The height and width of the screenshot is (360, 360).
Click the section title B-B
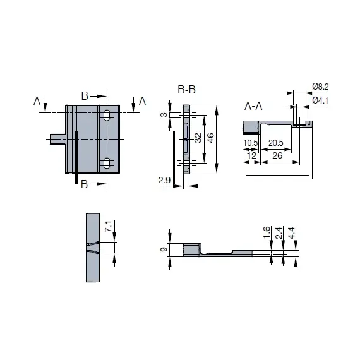tap(187, 90)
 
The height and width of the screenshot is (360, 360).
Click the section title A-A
tap(253, 106)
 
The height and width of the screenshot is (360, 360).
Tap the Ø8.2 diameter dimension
tap(320, 87)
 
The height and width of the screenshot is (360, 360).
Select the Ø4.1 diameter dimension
tap(320, 100)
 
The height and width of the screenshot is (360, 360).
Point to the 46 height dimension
tap(210, 138)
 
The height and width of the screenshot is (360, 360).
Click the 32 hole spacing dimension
tap(198, 138)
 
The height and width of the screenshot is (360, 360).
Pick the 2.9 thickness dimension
tap(165, 180)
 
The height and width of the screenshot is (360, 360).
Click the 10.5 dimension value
tap(251, 143)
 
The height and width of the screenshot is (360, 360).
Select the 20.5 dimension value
tap(276, 143)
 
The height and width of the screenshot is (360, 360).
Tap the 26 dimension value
tap(277, 155)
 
